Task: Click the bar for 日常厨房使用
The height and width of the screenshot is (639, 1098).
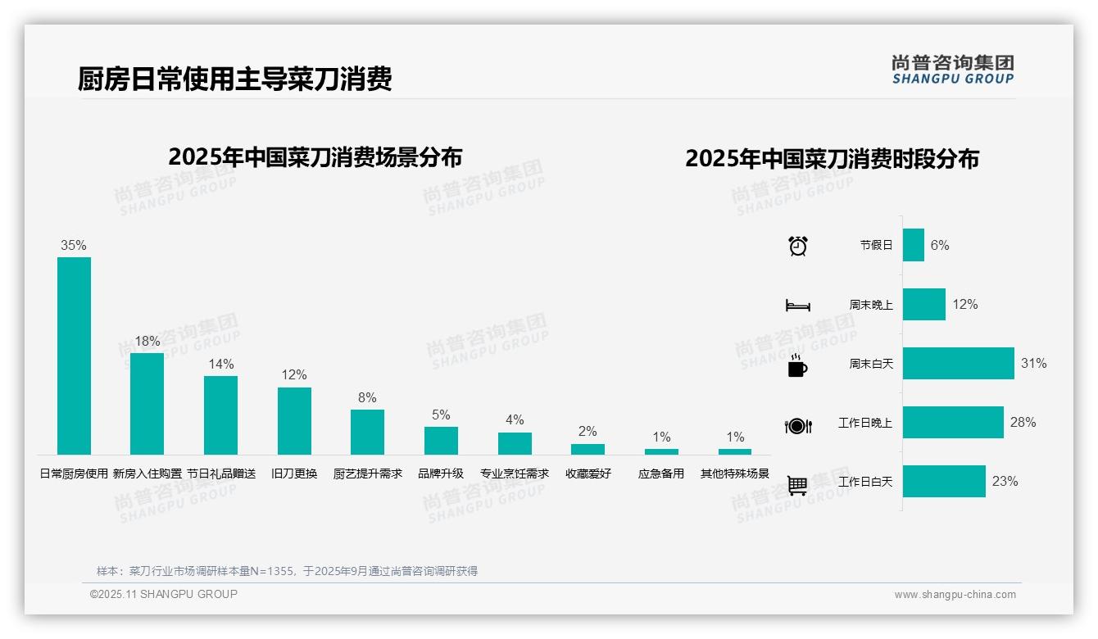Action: tap(74, 356)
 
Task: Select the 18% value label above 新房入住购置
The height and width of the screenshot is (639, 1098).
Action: tap(147, 341)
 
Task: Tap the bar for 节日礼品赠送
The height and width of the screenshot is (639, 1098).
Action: tap(220, 415)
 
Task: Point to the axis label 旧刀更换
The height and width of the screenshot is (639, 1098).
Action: tap(294, 474)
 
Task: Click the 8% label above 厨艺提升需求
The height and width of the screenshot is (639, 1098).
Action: tap(367, 397)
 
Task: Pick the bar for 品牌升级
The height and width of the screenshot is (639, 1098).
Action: tap(441, 441)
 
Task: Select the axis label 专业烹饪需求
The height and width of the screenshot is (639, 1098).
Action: tap(515, 474)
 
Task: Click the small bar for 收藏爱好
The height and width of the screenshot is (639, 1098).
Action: tap(588, 449)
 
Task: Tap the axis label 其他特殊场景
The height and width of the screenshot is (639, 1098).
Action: tap(735, 474)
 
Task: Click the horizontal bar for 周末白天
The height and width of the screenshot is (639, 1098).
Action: tap(958, 363)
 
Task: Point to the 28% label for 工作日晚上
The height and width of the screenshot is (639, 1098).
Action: tap(1023, 422)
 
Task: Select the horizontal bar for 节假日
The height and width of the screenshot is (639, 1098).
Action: tap(913, 245)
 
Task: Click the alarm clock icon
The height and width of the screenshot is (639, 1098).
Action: tap(797, 246)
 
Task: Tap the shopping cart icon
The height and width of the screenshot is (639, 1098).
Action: tap(797, 486)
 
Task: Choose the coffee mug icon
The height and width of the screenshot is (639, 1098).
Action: tap(797, 365)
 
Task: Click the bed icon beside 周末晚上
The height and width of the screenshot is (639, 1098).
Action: tap(797, 306)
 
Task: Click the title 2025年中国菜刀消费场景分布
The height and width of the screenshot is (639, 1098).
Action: tap(315, 157)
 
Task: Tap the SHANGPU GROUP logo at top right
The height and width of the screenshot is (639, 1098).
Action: tap(952, 70)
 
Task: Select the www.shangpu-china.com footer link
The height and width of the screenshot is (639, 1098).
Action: tap(955, 595)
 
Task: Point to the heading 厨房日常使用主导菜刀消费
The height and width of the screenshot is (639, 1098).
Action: tap(235, 79)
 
